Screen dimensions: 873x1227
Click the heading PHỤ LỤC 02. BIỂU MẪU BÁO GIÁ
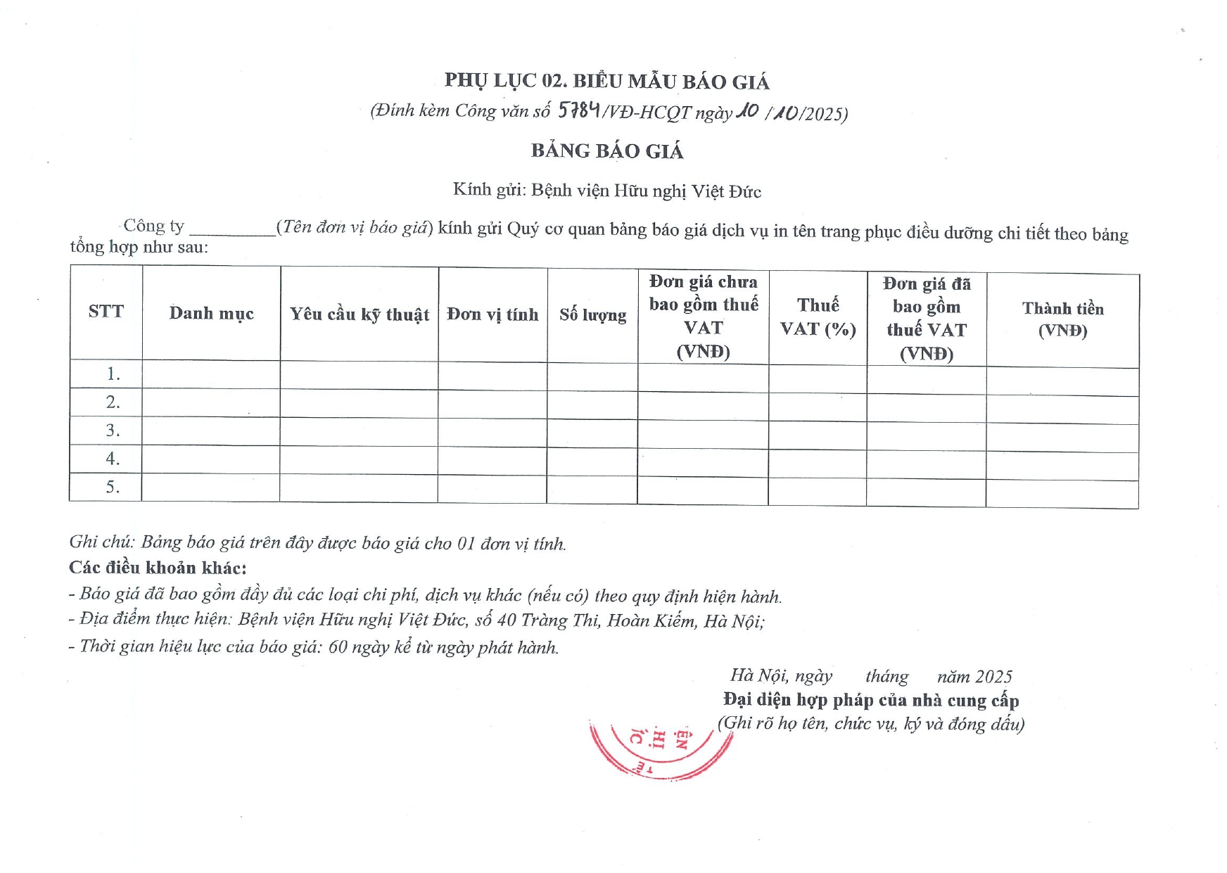point(606,82)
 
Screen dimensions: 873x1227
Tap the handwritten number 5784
point(578,110)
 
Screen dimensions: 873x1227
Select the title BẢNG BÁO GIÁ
point(607,151)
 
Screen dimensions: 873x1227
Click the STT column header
point(106,312)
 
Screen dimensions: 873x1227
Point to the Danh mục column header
point(211,314)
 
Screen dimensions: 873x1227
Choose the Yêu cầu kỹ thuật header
point(359,314)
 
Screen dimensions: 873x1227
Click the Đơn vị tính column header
point(492,314)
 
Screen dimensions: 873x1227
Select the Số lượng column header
point(592,315)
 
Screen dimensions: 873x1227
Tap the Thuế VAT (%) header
point(818,317)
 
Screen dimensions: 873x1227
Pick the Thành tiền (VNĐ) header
point(1062,319)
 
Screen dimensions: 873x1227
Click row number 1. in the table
point(113,374)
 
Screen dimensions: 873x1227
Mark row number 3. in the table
point(113,431)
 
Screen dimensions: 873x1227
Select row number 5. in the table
point(113,487)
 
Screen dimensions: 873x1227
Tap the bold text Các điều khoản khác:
point(158,568)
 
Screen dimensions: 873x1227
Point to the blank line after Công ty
point(232,229)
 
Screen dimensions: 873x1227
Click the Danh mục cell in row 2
point(211,403)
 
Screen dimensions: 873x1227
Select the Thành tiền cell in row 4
point(1062,466)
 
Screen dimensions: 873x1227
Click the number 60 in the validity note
point(338,646)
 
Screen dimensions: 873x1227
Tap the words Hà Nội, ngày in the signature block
point(781,676)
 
